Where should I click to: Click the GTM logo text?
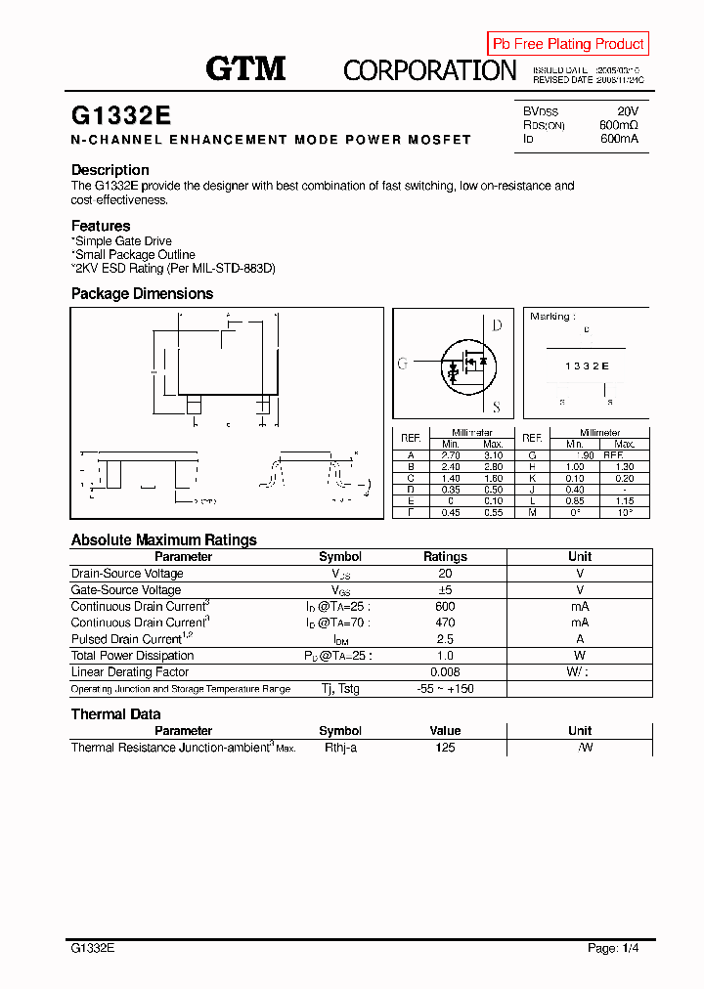coord(245,68)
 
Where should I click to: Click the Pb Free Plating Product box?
coord(568,44)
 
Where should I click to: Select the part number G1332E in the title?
coord(121,115)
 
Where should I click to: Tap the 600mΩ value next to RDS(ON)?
coord(618,125)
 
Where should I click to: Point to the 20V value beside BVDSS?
coord(627,111)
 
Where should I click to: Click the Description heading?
coord(110,170)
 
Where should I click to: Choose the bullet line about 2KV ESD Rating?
coord(173,268)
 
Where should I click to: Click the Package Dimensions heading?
coord(142,294)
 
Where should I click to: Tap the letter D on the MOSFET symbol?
coord(497,325)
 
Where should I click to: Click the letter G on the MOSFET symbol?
coord(402,364)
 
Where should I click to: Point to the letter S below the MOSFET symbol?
coord(497,408)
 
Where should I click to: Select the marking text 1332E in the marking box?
coord(587,365)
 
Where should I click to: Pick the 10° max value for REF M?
coord(624,512)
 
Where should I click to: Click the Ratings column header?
coord(445,557)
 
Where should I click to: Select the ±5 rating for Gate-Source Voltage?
coord(445,590)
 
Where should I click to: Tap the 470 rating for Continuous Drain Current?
coord(445,623)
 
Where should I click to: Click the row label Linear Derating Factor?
coord(130,672)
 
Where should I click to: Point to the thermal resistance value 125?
coord(445,748)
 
